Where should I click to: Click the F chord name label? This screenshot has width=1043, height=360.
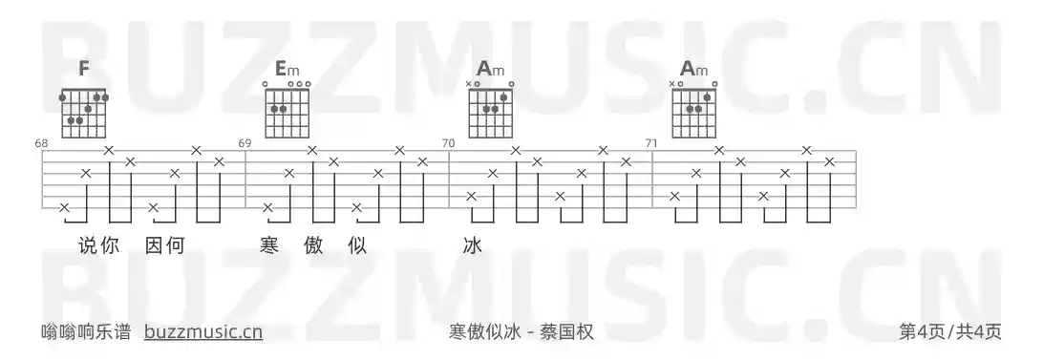(84, 69)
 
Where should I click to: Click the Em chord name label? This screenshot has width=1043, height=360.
(287, 69)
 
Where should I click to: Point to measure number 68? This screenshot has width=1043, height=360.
(41, 143)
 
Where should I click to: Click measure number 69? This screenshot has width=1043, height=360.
(245, 143)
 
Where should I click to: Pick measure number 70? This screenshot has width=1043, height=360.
(448, 143)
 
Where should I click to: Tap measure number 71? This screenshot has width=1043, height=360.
(651, 143)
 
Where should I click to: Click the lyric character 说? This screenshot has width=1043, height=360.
(89, 245)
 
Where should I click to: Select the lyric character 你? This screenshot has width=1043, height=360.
(109, 245)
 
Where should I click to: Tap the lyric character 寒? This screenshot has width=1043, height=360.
(269, 245)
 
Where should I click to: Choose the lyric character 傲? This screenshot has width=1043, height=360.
(313, 245)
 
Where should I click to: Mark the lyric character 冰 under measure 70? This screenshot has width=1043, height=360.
(472, 245)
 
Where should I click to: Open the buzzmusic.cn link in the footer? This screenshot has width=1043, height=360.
(203, 331)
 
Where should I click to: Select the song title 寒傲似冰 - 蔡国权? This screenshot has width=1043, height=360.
(521, 331)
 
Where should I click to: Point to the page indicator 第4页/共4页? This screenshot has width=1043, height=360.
(950, 331)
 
